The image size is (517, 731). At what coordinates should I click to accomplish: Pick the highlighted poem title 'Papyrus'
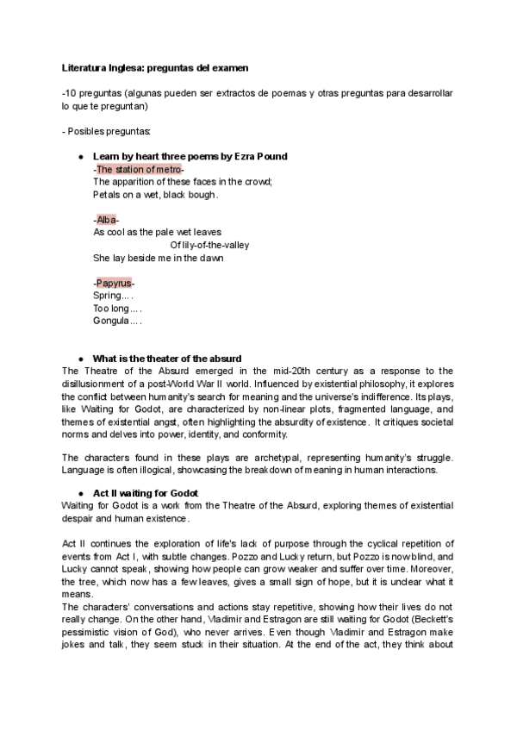114,283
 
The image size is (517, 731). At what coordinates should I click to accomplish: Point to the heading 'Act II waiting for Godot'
147,492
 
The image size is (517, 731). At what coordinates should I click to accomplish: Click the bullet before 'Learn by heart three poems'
80,157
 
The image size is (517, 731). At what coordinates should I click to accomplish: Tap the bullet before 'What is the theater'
80,358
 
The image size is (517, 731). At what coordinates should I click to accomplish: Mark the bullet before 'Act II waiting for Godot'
80,492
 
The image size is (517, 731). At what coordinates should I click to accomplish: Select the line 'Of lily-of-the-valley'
209,245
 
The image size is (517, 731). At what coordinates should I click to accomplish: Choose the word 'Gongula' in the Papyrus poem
111,321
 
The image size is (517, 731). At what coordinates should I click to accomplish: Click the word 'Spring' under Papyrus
107,296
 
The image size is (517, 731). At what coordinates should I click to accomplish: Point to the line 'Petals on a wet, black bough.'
155,195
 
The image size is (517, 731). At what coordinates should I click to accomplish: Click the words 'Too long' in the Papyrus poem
111,308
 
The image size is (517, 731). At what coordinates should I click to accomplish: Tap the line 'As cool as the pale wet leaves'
157,232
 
